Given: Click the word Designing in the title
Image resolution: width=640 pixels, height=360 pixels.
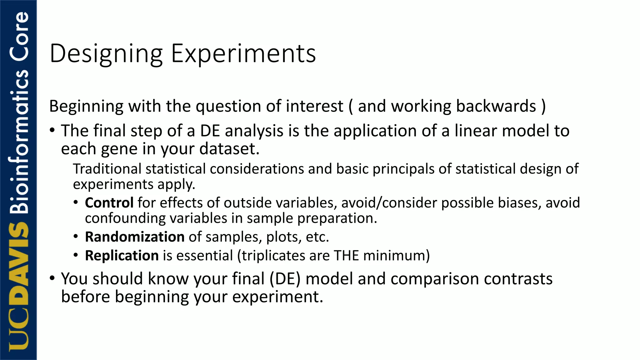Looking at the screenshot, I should tap(106, 54).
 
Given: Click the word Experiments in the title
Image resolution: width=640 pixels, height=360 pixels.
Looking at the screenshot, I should tap(243, 54).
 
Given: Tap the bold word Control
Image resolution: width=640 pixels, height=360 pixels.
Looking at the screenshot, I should tap(109, 203).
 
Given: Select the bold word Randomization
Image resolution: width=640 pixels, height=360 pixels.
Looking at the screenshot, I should tap(135, 237).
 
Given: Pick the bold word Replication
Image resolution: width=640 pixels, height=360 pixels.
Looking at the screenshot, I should tap(122, 256).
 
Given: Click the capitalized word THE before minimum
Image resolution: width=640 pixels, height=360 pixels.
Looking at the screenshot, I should tap(346, 256).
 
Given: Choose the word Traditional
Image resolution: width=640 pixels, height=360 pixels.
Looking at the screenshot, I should tap(107, 169).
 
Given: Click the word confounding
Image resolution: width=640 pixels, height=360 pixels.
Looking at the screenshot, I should tap(125, 218).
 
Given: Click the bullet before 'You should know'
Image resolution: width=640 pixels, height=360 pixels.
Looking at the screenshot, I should tap(52, 277).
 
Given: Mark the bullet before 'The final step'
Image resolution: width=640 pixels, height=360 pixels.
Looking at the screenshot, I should tap(52, 130).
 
